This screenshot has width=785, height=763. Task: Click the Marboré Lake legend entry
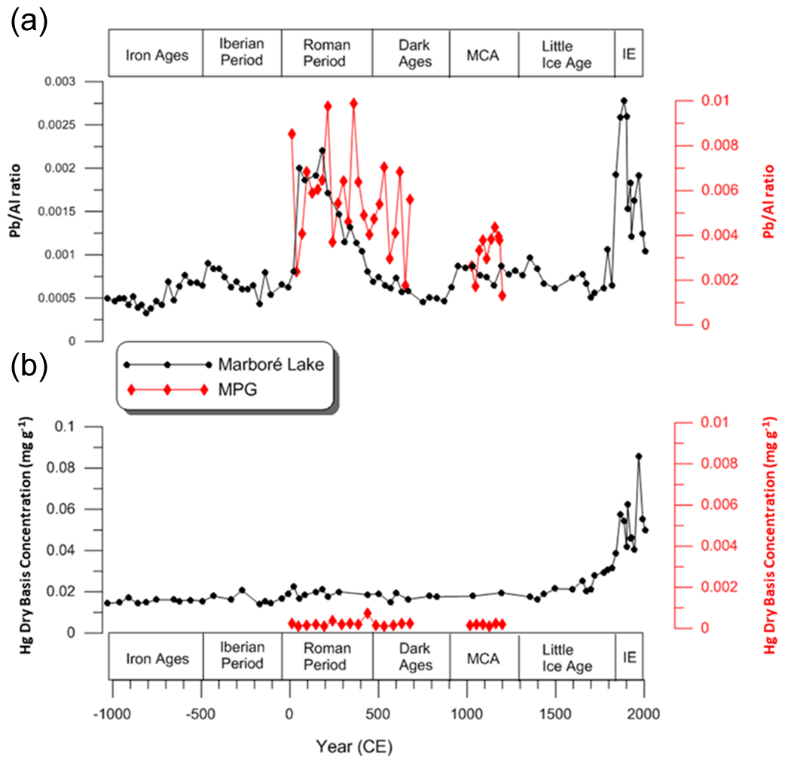click(272, 365)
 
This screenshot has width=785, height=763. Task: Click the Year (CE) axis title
click(355, 746)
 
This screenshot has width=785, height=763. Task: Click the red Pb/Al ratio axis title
click(766, 204)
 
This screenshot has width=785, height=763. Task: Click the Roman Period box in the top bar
click(327, 54)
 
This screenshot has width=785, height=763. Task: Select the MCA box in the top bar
click(484, 54)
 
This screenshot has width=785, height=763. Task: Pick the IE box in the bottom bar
click(628, 657)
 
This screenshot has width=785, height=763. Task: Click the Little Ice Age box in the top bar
click(566, 54)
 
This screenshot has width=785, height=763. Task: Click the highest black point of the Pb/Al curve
click(624, 100)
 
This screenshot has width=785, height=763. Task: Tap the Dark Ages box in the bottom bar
click(411, 657)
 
